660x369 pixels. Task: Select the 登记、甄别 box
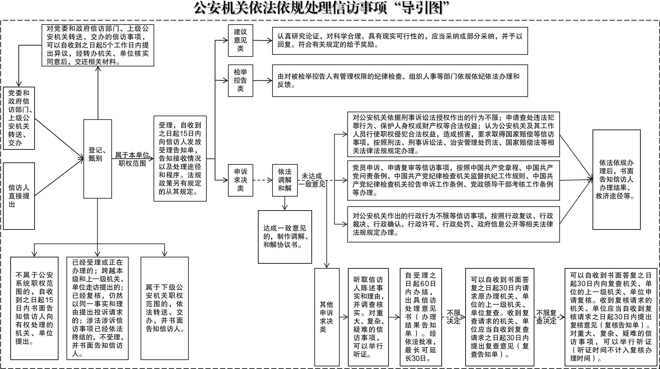point(97,158)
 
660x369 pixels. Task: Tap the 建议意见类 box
point(240,41)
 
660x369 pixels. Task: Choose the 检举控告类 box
point(240,80)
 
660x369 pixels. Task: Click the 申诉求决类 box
point(240,180)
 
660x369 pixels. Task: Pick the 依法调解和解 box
point(284,180)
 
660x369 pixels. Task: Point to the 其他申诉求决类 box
point(327,317)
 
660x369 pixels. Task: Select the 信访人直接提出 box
point(19,196)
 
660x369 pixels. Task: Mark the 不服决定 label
point(453,317)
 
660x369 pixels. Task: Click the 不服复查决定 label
point(546,317)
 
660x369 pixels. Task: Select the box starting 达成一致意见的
point(285,237)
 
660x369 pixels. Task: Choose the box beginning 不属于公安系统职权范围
point(34,308)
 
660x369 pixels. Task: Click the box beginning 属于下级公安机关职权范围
point(165,308)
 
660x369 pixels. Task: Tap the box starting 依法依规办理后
point(616,179)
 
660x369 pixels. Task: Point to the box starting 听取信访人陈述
point(368,317)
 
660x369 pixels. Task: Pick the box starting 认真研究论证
point(400,41)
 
